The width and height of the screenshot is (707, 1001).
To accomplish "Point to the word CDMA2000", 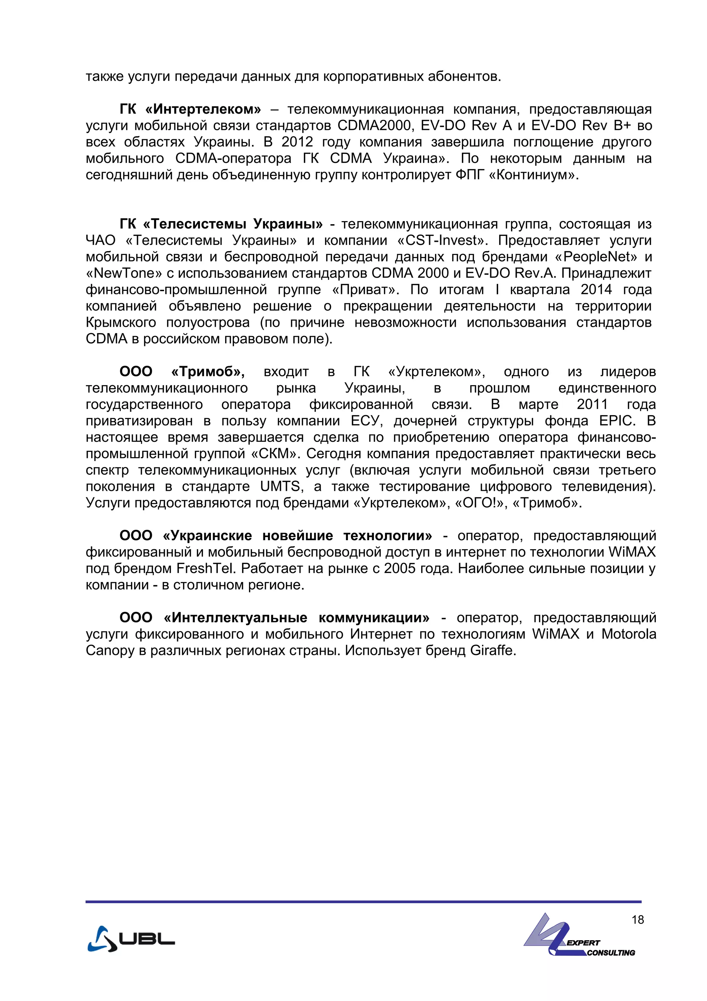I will point(375,126).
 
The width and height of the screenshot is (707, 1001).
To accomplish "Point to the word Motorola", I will point(629,634).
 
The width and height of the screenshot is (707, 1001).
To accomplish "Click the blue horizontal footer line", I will point(363,902).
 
